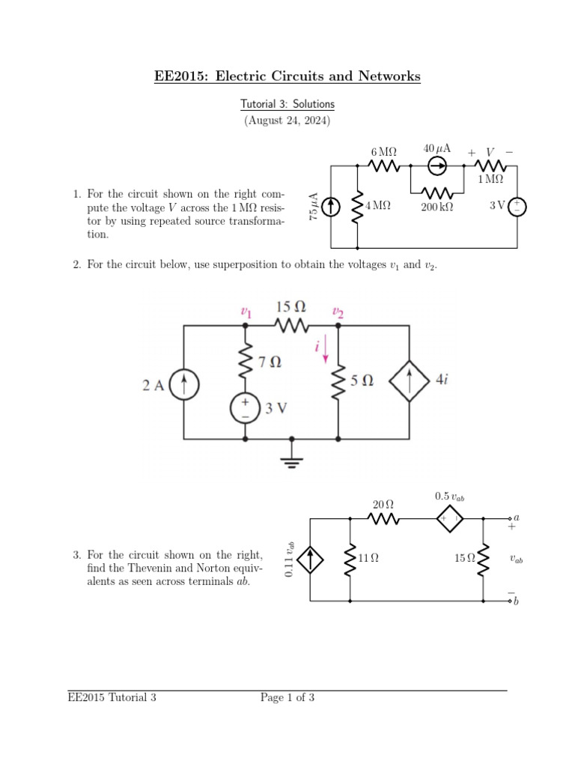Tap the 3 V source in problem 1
point(517,205)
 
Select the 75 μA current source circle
point(332,205)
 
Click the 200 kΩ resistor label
point(436,207)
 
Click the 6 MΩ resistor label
point(383,152)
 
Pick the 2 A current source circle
point(184,386)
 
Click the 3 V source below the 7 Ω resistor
point(245,408)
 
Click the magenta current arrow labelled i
point(326,351)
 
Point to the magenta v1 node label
point(245,312)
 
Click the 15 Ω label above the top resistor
point(291,307)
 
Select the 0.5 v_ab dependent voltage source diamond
point(450,518)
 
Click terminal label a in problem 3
point(517,518)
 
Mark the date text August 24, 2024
point(287,121)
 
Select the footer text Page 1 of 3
point(287,698)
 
